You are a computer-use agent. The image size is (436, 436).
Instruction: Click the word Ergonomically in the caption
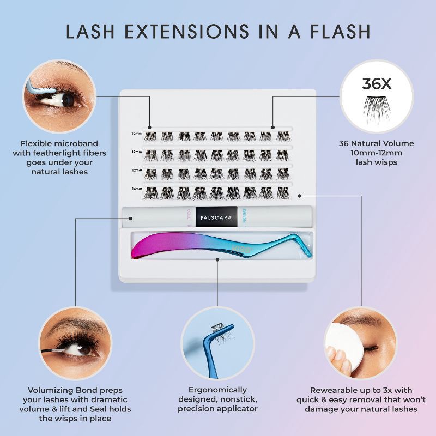pyautogui.click(x=217, y=390)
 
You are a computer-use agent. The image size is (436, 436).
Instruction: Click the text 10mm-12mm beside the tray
pyautogui.click(x=377, y=153)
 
